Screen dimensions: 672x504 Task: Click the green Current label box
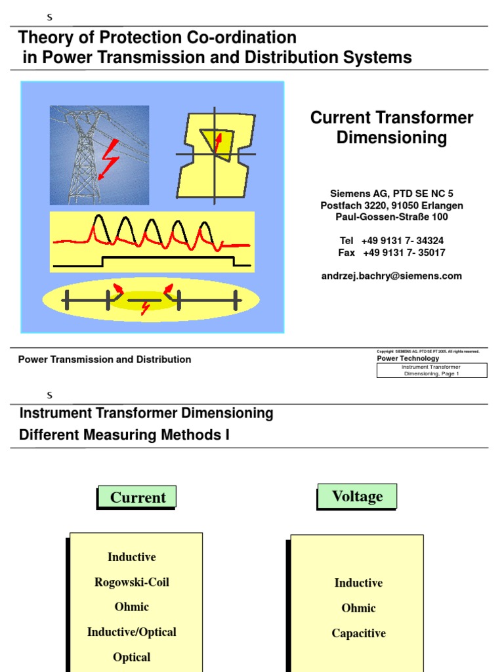pos(138,497)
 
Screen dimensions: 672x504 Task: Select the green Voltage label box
pos(358,496)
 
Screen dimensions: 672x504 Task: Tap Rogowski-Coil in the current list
pos(132,582)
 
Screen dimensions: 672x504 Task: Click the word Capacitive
pos(358,633)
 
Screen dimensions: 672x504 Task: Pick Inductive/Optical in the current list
pos(132,632)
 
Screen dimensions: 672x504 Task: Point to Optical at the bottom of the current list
pos(132,657)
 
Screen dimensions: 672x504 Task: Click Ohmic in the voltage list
pos(358,608)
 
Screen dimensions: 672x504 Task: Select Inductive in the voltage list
pos(358,583)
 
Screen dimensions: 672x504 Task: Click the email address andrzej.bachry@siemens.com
pos(391,276)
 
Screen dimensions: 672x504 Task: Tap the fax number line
pos(392,253)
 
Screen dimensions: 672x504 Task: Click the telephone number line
pos(392,241)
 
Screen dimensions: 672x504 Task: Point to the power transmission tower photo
pos(99,155)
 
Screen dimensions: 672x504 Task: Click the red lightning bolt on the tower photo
pos(108,159)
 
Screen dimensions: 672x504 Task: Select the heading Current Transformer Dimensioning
pos(391,127)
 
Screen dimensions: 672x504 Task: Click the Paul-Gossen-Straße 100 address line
pos(392,217)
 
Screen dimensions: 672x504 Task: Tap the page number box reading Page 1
pos(431,370)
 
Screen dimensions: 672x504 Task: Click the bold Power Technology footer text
pos(408,359)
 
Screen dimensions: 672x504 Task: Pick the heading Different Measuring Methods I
pos(124,435)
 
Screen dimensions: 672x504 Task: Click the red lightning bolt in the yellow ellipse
pos(146,308)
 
